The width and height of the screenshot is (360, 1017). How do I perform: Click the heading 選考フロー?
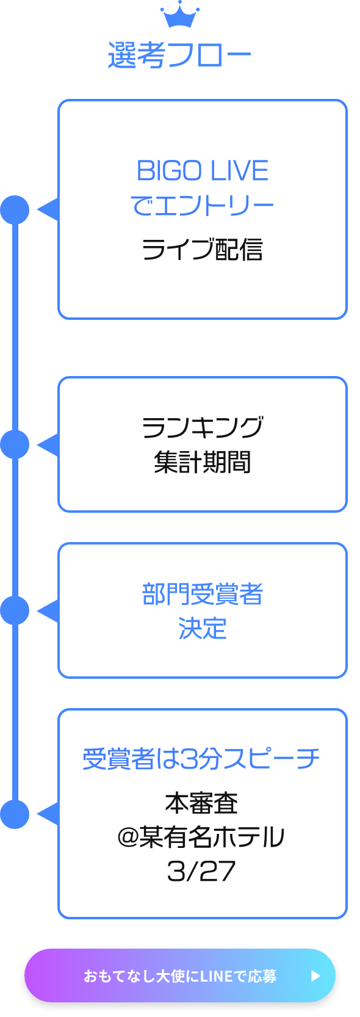(180, 56)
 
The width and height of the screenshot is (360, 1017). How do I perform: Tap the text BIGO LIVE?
(203, 171)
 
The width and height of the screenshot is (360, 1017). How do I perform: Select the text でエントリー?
(203, 205)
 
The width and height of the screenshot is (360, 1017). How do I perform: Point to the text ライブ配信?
(203, 249)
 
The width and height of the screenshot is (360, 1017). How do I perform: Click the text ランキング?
(203, 427)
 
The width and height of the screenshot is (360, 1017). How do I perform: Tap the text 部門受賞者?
(203, 594)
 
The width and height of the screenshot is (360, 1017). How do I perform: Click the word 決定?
(203, 628)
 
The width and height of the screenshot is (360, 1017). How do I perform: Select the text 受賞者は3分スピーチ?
(201, 759)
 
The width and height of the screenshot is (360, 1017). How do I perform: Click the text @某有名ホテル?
(201, 837)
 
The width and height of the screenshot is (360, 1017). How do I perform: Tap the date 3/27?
(201, 871)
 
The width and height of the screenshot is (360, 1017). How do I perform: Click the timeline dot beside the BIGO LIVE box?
(15, 210)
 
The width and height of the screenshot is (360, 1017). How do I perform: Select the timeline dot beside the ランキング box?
(15, 444)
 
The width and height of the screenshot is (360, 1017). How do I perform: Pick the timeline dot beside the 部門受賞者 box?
(15, 610)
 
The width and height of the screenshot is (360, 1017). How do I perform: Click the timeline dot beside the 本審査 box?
(15, 814)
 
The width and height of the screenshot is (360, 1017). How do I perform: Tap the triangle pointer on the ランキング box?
(49, 444)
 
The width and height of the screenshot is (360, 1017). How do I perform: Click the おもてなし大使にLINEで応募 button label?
(180, 976)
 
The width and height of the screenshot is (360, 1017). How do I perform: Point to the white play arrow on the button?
(315, 976)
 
